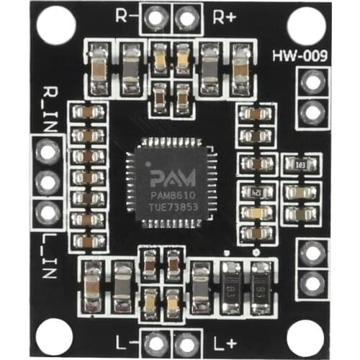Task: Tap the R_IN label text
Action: click(50, 104)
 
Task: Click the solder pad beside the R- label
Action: click(153, 16)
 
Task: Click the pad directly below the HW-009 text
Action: click(312, 83)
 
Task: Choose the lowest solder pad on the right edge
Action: click(312, 283)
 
